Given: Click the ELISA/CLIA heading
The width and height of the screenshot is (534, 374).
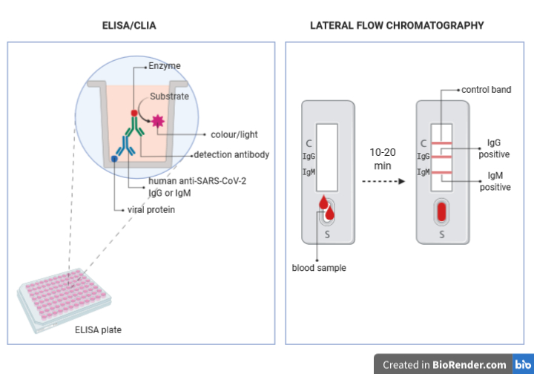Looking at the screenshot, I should [129, 25].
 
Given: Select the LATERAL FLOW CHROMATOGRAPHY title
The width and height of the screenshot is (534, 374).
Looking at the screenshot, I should [397, 25].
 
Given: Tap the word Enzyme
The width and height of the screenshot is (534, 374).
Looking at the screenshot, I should [164, 66].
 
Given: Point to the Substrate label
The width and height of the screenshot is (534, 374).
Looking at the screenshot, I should [169, 96].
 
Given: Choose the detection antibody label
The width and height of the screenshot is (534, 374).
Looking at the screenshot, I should [231, 155].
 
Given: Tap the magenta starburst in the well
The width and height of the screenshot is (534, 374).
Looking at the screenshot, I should [157, 122].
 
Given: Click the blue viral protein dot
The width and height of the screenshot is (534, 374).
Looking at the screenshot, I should [114, 159].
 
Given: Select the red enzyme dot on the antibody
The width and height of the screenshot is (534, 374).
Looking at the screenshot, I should [134, 114].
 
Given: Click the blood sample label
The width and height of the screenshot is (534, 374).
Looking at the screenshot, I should [319, 268].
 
